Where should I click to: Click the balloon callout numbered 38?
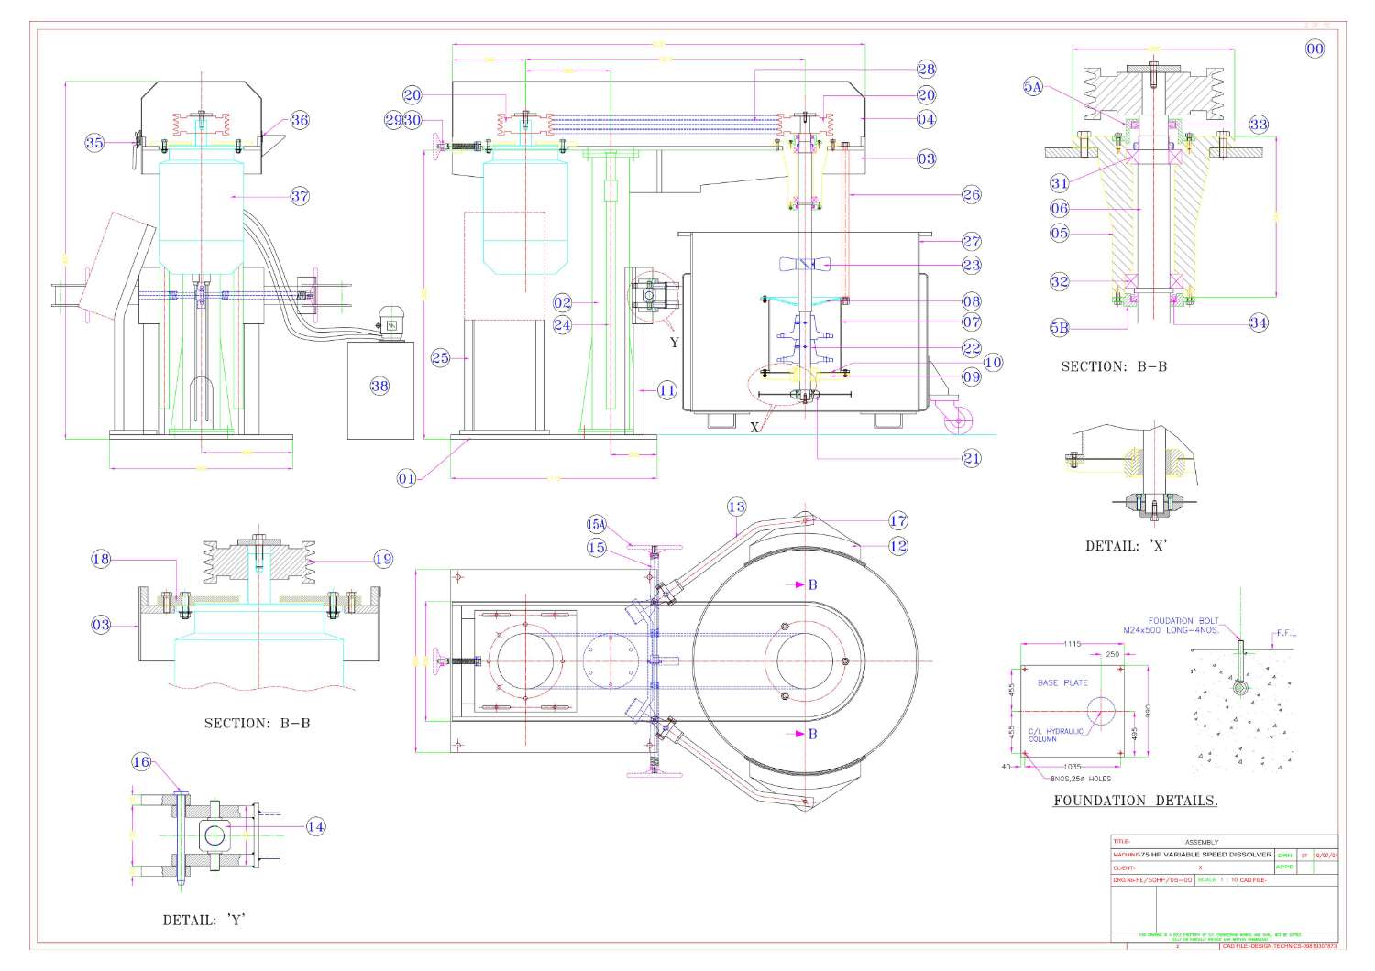pos(379,386)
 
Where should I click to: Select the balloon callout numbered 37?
pos(300,195)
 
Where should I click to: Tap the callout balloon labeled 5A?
pos(1033,87)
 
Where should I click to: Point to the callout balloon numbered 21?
pos(972,458)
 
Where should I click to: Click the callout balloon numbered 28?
pos(926,69)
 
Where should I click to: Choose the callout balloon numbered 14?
pos(315,826)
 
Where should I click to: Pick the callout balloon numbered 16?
pos(141,762)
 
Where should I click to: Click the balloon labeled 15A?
pos(597,525)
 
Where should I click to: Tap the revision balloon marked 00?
pos(1314,49)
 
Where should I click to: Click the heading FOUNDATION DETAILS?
pos(1135,801)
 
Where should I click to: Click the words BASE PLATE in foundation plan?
pos(1062,682)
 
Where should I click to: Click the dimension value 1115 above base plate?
pos(1072,644)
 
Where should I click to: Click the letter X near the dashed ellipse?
pos(754,428)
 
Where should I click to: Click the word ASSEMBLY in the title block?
pos(1202,842)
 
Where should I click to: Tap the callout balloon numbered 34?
pos(1259,322)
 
